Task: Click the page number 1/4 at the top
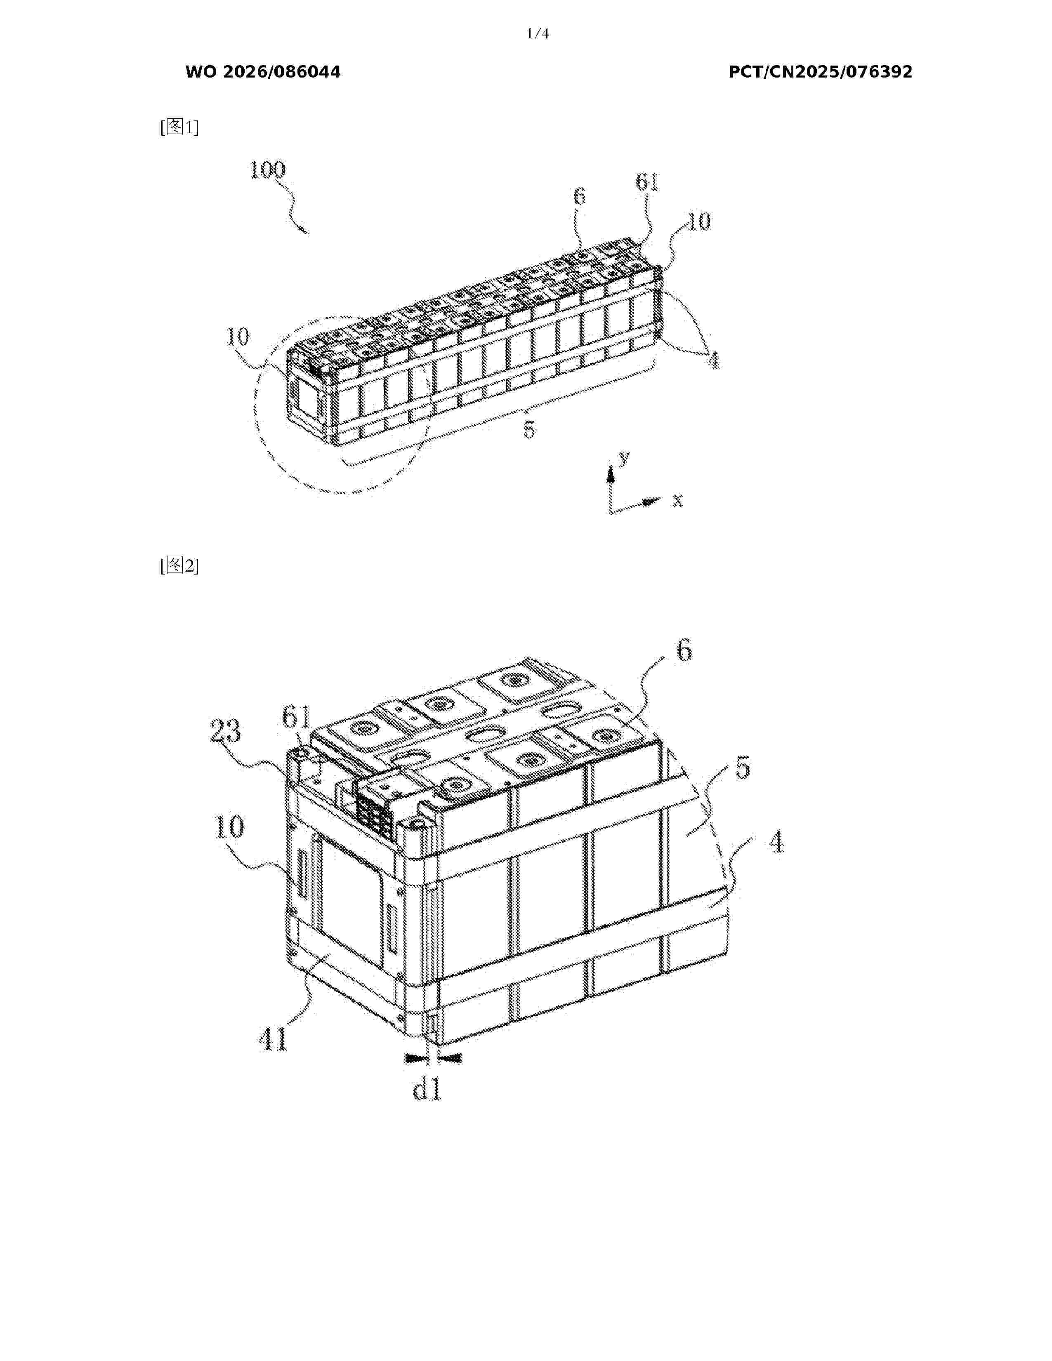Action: click(x=537, y=34)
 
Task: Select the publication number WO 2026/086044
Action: click(x=263, y=72)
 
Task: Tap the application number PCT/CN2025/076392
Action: click(x=820, y=72)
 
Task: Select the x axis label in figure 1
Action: click(x=677, y=499)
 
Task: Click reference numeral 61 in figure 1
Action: click(x=647, y=182)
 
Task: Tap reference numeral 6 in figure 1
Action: click(x=580, y=196)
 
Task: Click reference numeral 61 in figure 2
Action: click(x=296, y=717)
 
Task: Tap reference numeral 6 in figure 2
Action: click(x=684, y=652)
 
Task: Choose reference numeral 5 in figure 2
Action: click(x=742, y=768)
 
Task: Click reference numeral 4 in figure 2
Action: click(x=775, y=843)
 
